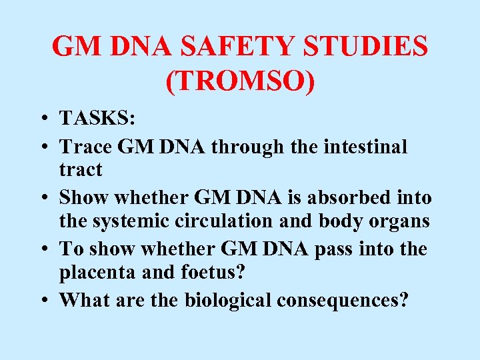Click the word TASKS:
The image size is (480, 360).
tap(97, 119)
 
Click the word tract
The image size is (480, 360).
tap(81, 170)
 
